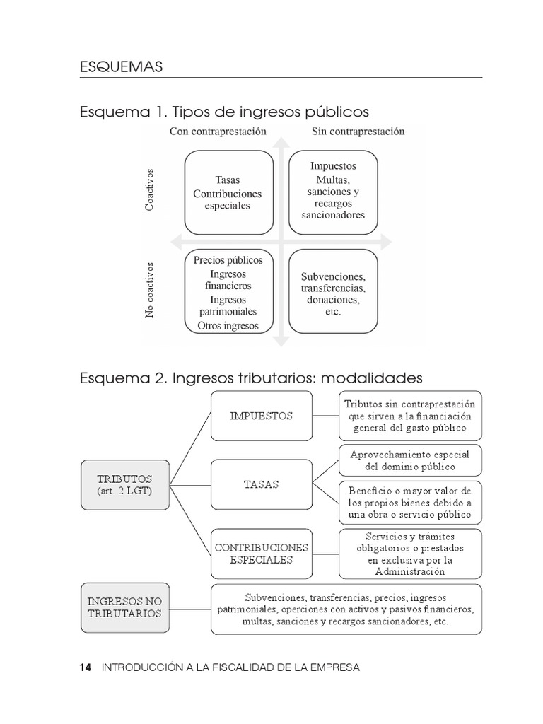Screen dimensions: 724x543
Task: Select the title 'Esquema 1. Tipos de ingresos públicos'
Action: [224, 112]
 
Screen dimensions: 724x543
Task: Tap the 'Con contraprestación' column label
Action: [217, 132]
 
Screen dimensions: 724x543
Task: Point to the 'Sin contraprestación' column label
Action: [358, 132]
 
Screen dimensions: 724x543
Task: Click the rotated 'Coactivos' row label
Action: [150, 189]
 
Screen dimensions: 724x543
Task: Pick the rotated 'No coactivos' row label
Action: [150, 291]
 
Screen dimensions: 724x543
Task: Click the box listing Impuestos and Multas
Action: [333, 190]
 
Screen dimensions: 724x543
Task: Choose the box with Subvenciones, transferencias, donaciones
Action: [333, 293]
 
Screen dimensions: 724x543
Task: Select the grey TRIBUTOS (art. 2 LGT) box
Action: [124, 485]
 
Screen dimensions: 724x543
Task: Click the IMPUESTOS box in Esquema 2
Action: [261, 416]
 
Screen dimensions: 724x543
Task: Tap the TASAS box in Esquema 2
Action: [261, 485]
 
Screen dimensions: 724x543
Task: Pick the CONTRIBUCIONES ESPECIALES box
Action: [261, 554]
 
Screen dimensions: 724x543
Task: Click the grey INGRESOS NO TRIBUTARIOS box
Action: [124, 607]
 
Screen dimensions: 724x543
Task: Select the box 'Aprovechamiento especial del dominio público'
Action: [410, 460]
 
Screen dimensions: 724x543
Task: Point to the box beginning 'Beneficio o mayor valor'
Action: [410, 501]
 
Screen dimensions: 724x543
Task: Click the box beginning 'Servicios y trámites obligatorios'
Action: [410, 554]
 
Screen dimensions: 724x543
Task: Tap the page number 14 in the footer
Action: [86, 667]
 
